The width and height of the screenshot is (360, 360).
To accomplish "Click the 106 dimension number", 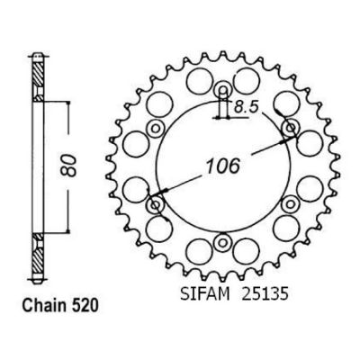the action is coord(223,166).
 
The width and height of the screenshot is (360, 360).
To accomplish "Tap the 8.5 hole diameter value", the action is coord(246,107).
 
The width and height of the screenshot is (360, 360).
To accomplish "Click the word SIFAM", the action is coord(205,294).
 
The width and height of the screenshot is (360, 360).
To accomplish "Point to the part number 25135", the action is coord(265,294).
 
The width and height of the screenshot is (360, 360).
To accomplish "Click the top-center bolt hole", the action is coord(223,89).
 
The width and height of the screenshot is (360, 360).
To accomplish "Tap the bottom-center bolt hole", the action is coord(223,242).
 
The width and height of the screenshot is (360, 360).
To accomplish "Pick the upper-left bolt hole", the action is coord(156,129).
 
